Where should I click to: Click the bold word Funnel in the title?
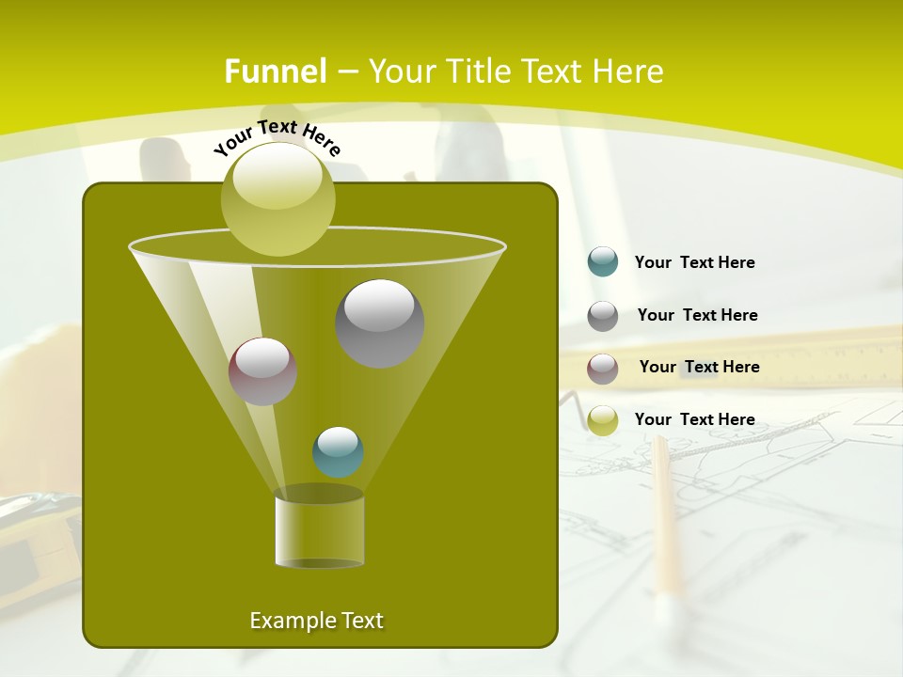click(x=276, y=71)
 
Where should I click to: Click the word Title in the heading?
click(x=479, y=71)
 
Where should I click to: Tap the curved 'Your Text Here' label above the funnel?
click(x=277, y=135)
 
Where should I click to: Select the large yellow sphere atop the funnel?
click(x=277, y=198)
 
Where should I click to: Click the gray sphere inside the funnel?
click(x=380, y=323)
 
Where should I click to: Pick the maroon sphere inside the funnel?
click(x=262, y=370)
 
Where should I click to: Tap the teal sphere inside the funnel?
click(x=338, y=451)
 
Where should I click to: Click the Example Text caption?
click(x=316, y=621)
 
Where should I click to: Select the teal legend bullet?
click(x=603, y=261)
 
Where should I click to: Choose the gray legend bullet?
click(x=603, y=316)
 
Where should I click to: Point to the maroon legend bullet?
click(x=603, y=369)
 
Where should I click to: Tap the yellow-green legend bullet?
click(x=603, y=420)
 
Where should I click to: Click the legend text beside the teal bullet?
click(x=694, y=262)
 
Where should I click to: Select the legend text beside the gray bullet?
click(x=697, y=315)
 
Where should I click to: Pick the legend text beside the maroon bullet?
click(x=699, y=367)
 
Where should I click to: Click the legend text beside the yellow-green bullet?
click(x=694, y=419)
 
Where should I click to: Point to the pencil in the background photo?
click(x=666, y=517)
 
